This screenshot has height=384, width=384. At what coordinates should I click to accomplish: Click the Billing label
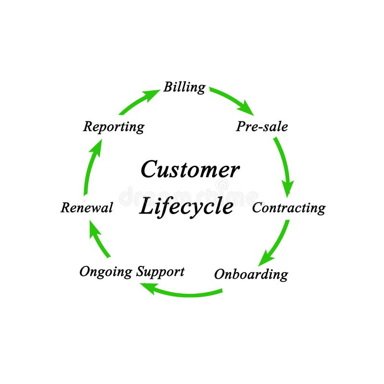(184, 87)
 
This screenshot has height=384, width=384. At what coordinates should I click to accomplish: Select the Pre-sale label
(262, 127)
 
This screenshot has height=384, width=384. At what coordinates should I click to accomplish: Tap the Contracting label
(288, 208)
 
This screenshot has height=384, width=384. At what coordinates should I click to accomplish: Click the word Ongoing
(106, 272)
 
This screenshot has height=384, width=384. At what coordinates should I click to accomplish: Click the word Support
(160, 271)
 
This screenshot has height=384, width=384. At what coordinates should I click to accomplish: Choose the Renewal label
(87, 208)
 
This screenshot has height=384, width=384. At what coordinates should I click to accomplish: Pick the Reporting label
(114, 127)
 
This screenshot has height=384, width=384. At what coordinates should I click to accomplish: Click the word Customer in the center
(190, 170)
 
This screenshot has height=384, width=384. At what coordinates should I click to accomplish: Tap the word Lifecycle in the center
(186, 206)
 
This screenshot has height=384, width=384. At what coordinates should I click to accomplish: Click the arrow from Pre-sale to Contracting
(284, 166)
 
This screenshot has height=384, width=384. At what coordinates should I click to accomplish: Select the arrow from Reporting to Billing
(139, 102)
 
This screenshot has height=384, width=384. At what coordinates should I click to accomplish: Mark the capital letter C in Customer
(150, 170)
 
